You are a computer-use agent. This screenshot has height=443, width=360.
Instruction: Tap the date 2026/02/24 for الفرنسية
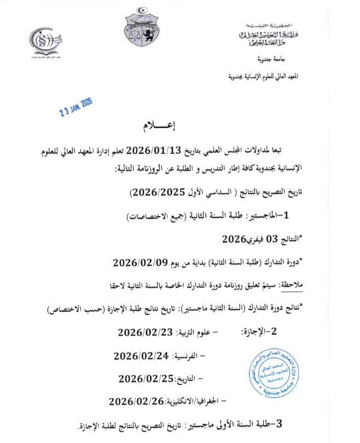140,356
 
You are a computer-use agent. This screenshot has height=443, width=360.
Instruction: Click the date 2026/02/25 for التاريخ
145,378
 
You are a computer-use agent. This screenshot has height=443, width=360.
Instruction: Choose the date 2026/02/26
137,401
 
